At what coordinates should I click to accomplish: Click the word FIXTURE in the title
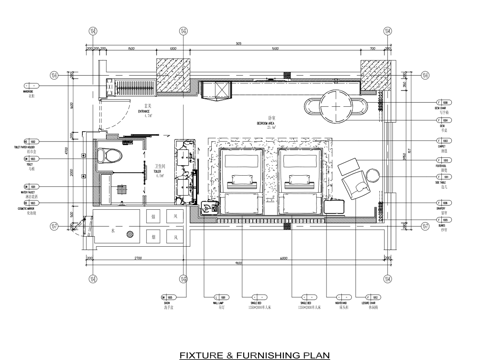(x=200, y=353)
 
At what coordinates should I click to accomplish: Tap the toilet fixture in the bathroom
(x=112, y=159)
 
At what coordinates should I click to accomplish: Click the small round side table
(x=372, y=176)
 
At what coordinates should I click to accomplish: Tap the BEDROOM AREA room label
(x=265, y=125)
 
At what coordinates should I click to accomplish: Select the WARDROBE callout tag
(x=30, y=93)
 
